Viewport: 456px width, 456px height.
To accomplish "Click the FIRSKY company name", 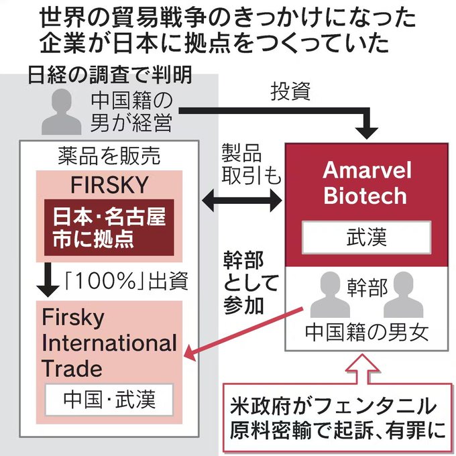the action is (x=109, y=185).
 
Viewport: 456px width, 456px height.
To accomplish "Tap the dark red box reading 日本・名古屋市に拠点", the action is (x=109, y=227).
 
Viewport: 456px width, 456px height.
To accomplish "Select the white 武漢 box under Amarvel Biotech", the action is (x=366, y=237).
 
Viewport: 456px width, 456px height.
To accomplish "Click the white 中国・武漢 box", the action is (x=109, y=399).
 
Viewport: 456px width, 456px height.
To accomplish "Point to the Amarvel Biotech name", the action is (x=366, y=183).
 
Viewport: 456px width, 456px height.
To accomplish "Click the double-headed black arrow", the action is (x=242, y=200).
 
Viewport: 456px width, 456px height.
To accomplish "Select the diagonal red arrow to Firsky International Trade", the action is (x=244, y=334).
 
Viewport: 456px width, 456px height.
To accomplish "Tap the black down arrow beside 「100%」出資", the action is (x=48, y=280).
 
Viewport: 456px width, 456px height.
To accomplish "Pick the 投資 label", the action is (x=290, y=91).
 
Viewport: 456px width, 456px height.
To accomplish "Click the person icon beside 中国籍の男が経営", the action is (x=62, y=112).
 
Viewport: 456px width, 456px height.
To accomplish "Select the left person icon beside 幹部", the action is (x=330, y=294).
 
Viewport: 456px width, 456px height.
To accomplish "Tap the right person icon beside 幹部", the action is (x=403, y=294).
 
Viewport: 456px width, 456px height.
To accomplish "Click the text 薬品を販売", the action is (x=109, y=156).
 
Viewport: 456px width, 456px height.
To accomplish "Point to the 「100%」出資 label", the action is (x=126, y=281).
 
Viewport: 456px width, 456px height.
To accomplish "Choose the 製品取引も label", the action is (x=251, y=164).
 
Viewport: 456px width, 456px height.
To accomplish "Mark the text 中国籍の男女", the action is (x=366, y=333).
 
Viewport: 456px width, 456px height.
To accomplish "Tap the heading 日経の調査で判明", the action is (x=110, y=74).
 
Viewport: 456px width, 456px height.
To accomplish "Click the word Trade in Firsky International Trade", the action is (x=72, y=368).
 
